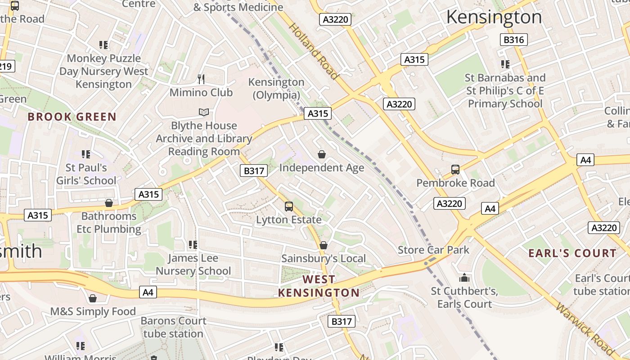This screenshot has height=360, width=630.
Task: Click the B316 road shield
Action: point(513,40)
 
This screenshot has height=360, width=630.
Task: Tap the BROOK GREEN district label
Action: point(72,117)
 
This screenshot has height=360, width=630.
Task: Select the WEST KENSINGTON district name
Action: point(319,286)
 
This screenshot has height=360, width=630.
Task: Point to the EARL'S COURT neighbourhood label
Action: point(572,253)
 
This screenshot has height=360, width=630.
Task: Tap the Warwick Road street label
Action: point(585,328)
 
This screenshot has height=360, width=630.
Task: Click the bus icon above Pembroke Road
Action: point(455,170)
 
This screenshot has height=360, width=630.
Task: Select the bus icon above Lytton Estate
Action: point(289,207)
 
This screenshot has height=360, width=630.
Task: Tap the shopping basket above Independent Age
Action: point(322,155)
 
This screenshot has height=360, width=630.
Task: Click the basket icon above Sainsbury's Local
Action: point(323,245)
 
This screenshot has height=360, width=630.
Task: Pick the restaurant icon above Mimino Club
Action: point(201,79)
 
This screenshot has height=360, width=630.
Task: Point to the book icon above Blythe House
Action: point(204,112)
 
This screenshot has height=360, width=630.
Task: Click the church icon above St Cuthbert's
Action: point(464,278)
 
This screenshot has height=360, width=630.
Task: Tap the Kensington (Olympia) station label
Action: point(276,89)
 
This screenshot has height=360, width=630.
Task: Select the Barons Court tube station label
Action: point(173,327)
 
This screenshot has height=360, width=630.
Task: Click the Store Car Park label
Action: point(433,250)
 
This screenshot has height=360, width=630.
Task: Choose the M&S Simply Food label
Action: point(93,311)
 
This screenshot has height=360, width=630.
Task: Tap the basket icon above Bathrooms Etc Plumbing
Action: point(109,203)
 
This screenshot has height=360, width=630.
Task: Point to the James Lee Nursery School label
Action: point(193,265)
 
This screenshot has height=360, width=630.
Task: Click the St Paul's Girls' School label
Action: point(86,174)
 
